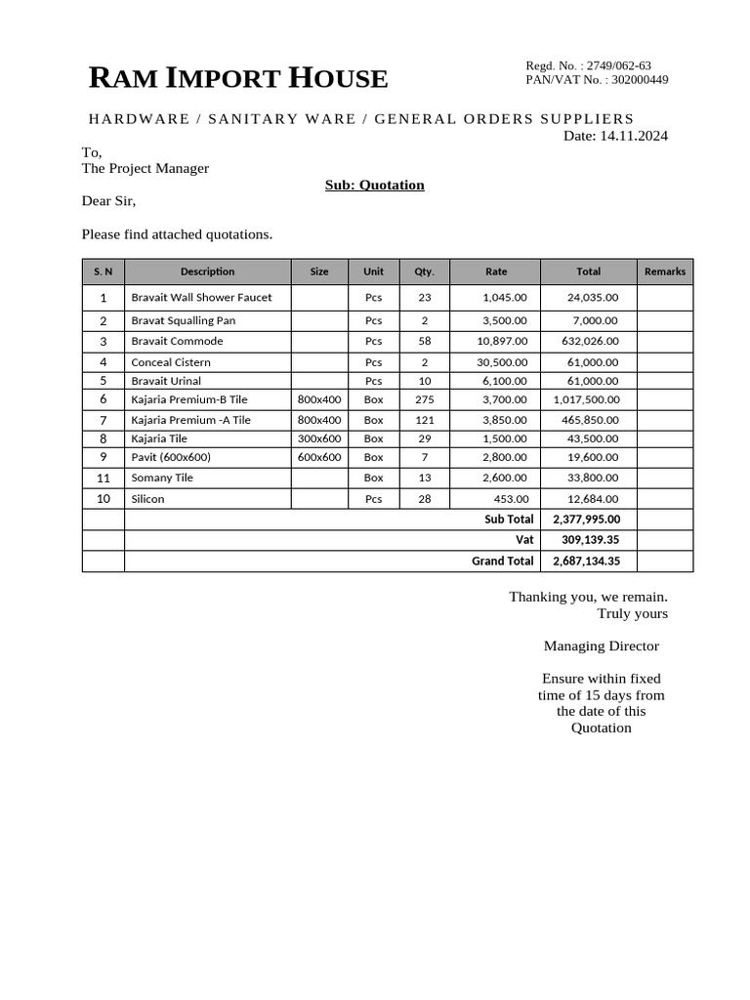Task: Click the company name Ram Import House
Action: (238, 78)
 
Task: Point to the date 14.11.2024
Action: (634, 136)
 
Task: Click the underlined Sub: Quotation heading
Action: (374, 185)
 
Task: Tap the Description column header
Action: (207, 271)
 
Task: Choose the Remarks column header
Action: (665, 271)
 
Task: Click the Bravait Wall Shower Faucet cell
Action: (201, 297)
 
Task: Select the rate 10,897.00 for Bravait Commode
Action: (502, 341)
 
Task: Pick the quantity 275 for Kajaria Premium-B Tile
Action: (424, 399)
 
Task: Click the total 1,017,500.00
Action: (586, 399)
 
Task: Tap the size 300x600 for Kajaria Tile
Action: (319, 438)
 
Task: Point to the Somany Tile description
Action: (162, 478)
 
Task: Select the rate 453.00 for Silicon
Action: (511, 499)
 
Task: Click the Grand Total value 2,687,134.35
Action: (586, 562)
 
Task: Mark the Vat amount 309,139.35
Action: (591, 539)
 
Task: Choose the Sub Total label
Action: (509, 520)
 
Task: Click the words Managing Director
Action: (601, 646)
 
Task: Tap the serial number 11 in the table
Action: (104, 478)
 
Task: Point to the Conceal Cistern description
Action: (170, 362)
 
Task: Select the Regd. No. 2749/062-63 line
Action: (588, 65)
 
